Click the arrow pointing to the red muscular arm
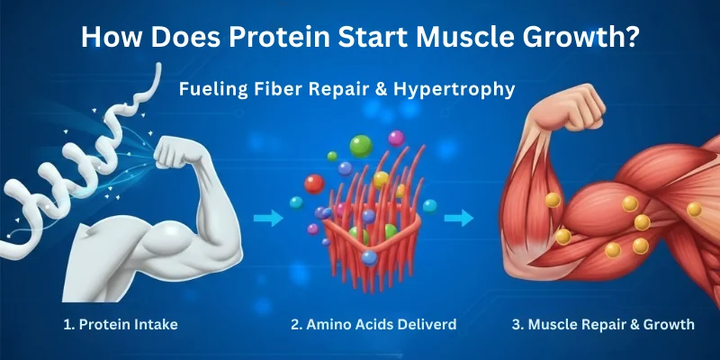click(x=459, y=217)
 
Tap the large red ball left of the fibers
click(x=314, y=184)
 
